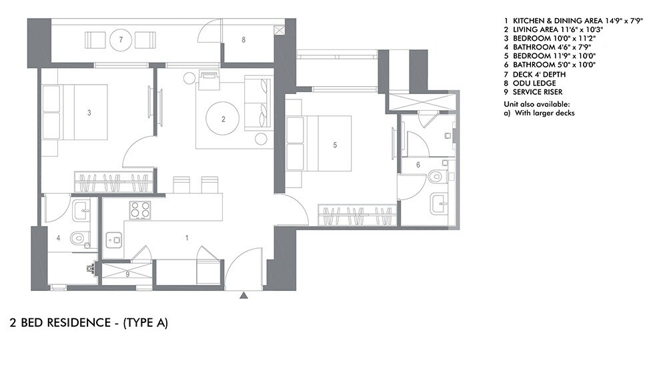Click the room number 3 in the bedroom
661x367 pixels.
point(89,113)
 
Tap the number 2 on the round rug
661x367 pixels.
point(223,120)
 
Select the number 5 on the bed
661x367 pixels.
point(336,143)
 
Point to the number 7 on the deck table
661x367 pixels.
point(121,40)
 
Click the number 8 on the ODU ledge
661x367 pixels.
point(243,40)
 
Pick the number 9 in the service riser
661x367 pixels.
point(127,274)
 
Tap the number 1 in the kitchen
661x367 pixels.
point(187,238)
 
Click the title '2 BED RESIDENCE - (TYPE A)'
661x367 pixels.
point(89,324)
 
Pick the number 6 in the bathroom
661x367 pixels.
point(418,164)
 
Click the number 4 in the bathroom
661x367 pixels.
point(58,238)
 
